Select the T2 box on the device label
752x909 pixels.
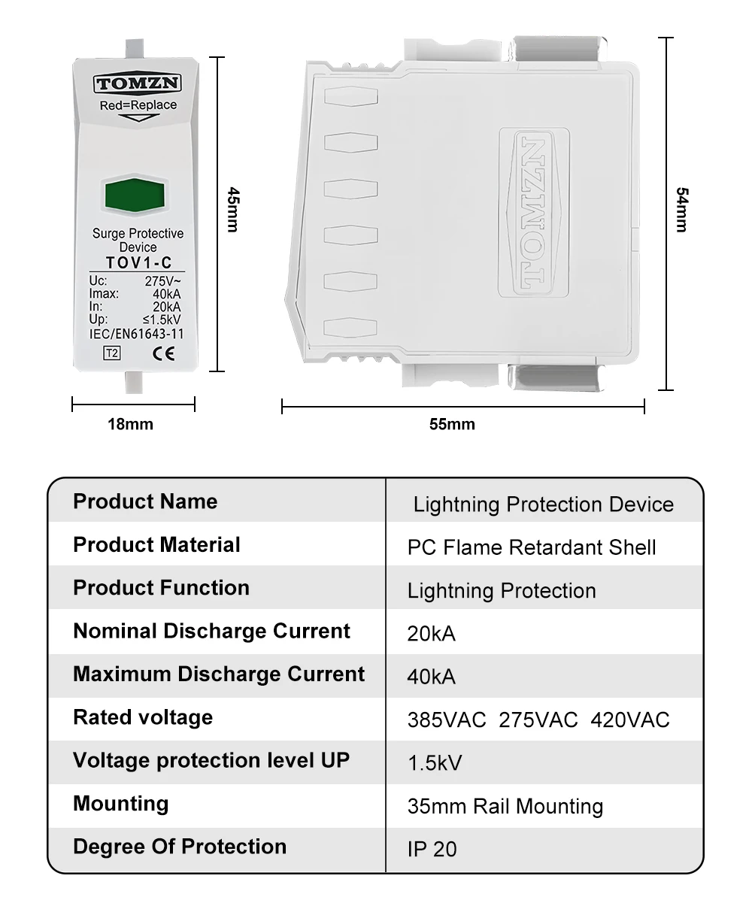(111, 354)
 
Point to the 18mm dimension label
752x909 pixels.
(130, 424)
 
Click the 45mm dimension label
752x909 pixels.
(232, 210)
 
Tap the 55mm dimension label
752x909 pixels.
(452, 424)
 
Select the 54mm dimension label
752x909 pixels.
(681, 210)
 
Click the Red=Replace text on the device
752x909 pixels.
(138, 105)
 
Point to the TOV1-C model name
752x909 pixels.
(138, 262)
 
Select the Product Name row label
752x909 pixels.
(145, 501)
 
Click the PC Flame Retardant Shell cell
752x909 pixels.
(532, 547)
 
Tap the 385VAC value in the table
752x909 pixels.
(447, 720)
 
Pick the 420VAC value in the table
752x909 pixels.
(630, 720)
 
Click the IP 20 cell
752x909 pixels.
(432, 849)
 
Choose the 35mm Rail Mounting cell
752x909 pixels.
(505, 807)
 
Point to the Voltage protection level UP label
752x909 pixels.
(211, 760)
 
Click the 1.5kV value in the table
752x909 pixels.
(435, 763)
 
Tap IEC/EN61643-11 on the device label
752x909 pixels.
(136, 334)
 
